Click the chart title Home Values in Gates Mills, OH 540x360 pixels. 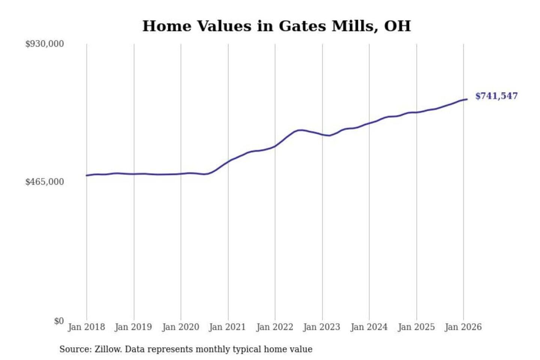click(277, 26)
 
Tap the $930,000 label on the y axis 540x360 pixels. click(45, 44)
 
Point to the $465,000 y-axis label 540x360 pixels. click(45, 182)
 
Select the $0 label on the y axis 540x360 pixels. click(59, 321)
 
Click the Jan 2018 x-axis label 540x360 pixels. click(86, 327)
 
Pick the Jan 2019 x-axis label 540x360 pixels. click(133, 327)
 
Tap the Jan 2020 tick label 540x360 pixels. click(180, 327)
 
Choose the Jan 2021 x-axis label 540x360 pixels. click(227, 327)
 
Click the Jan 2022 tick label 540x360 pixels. click(274, 327)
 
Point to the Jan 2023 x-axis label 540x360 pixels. click(321, 327)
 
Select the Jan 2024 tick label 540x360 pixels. click(369, 327)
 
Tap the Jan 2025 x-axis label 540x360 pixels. click(416, 327)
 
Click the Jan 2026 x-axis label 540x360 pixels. click(463, 327)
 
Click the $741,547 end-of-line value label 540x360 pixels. click(496, 96)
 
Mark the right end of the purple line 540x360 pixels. click(467, 99)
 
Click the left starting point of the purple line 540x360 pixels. click(87, 175)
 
